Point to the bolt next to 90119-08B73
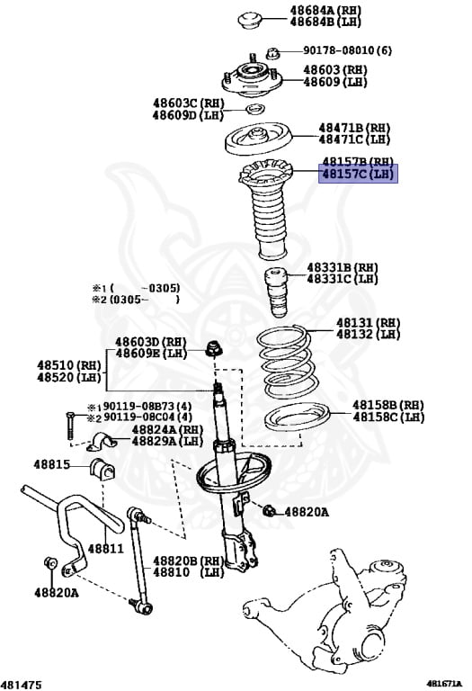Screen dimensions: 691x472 69,426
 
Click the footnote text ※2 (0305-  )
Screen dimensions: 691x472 135,300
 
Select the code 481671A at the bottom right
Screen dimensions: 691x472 445,684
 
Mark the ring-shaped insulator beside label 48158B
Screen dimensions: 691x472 293,426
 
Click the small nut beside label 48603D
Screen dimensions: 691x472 214,348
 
